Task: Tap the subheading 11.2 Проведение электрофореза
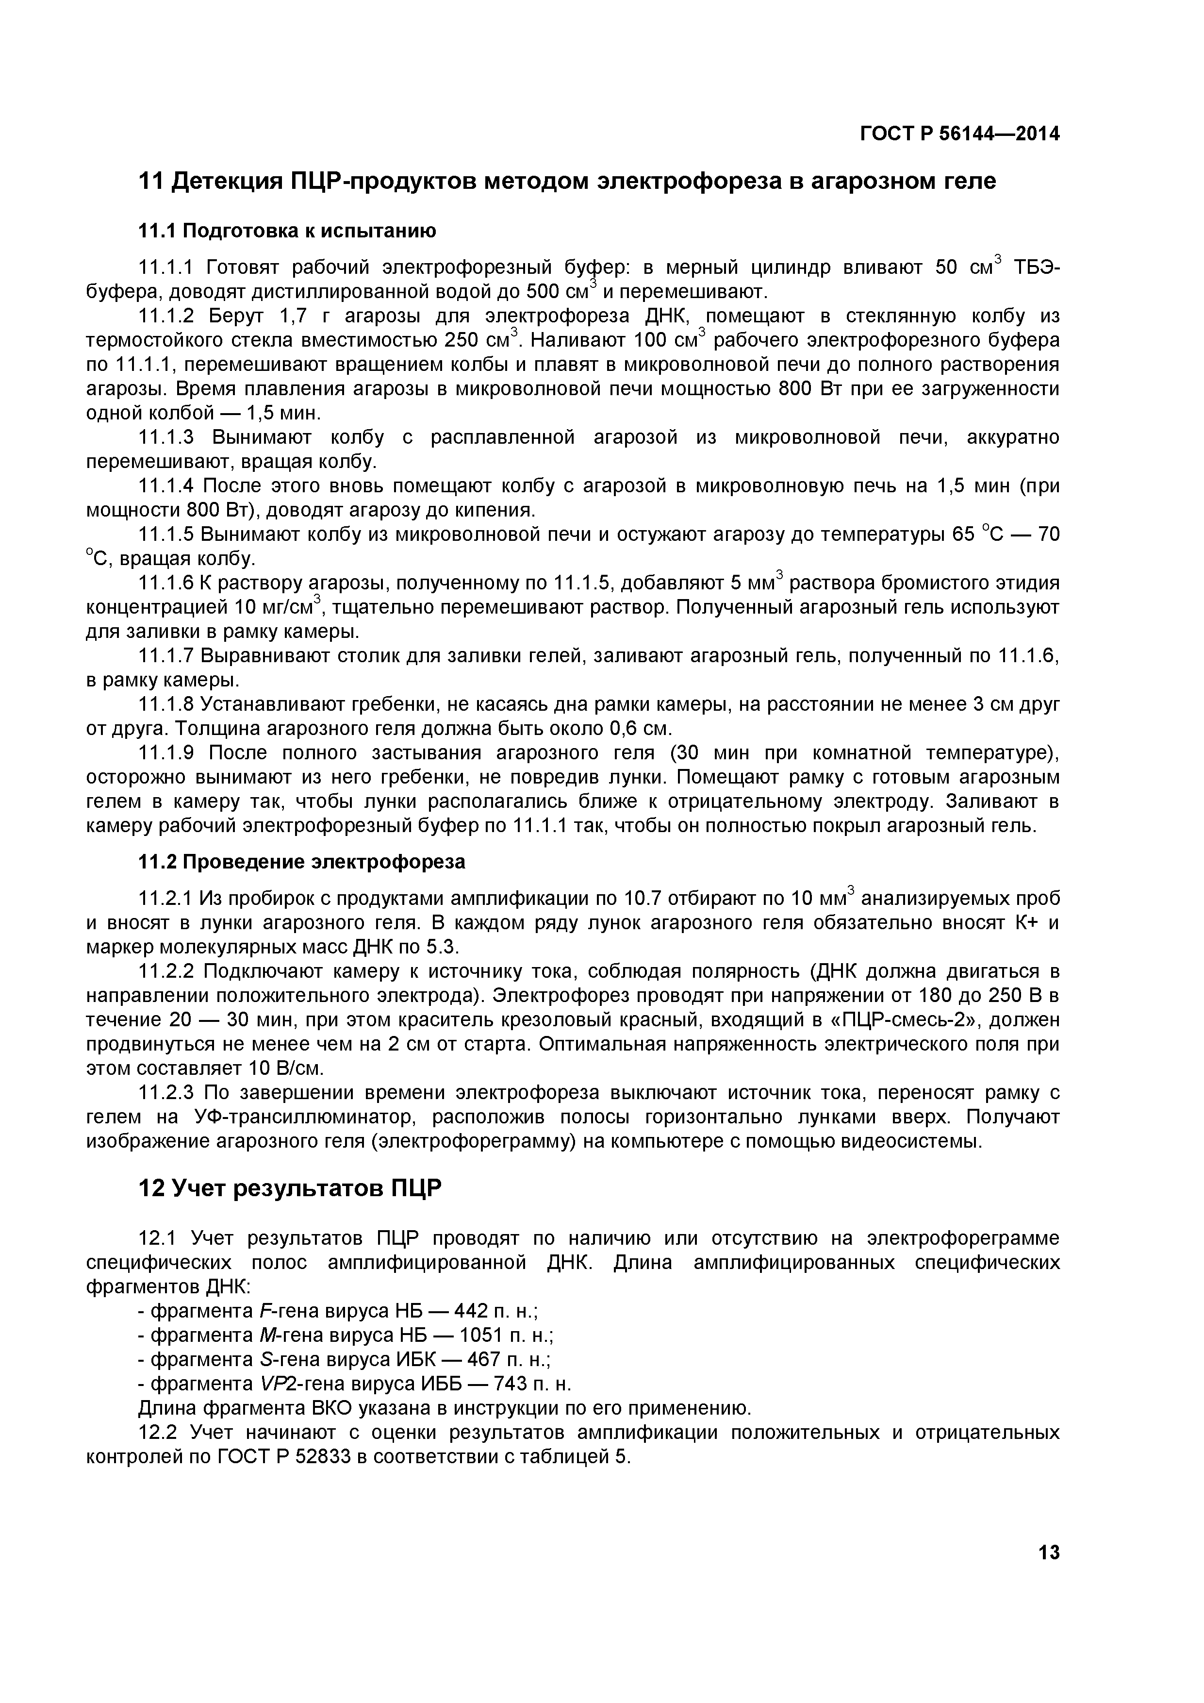tap(302, 861)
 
